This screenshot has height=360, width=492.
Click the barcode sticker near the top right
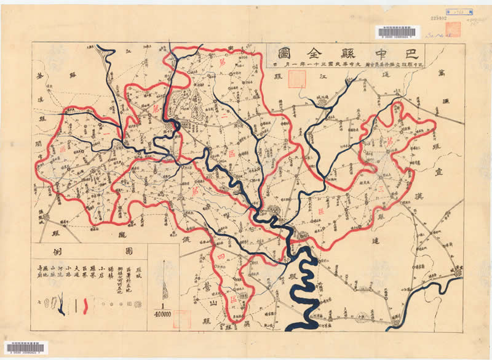pos(397,32)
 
